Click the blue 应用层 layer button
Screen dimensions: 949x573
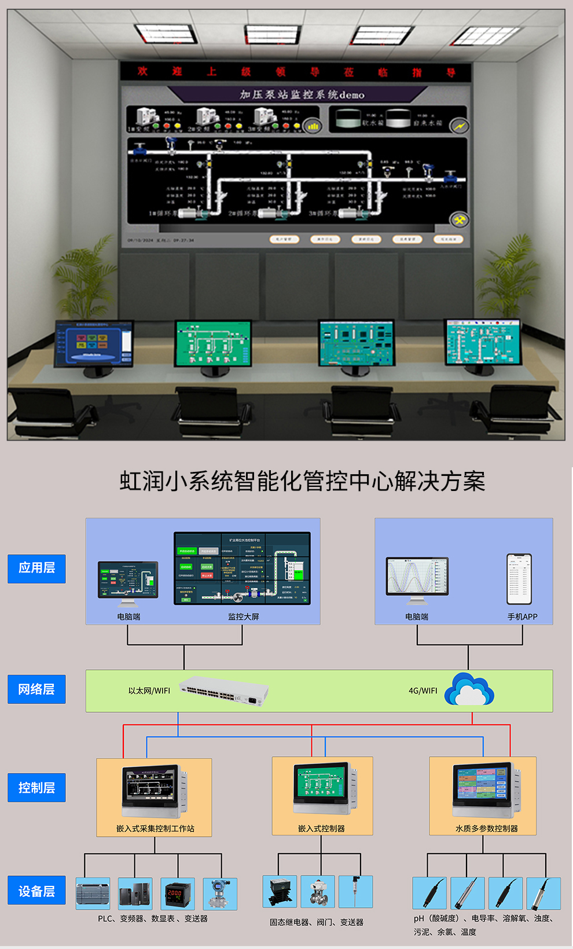coord(36,568)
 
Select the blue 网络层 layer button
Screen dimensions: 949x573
coord(36,689)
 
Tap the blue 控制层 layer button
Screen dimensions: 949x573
coord(36,787)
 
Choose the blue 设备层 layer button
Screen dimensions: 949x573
coord(36,891)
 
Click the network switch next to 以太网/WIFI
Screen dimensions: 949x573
coord(224,691)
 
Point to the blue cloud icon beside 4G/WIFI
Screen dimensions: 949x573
coord(469,690)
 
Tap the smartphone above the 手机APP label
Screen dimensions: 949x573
coord(519,579)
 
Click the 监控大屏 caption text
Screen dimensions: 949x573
coord(243,617)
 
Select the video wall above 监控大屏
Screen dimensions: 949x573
coord(242,569)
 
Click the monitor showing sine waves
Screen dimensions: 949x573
coord(417,577)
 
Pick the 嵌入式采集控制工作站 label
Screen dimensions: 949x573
coord(155,829)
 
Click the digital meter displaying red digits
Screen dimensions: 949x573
coord(177,893)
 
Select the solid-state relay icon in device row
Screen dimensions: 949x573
coord(280,892)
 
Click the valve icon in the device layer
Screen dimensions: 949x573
coord(318,892)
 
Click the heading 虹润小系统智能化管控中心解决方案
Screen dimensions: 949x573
coord(302,481)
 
